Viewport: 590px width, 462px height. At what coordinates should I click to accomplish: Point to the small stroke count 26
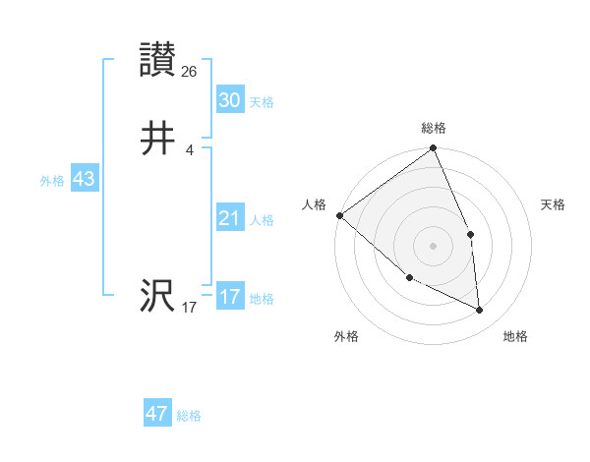tap(190, 72)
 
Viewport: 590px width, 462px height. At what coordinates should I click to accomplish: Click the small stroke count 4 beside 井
tap(189, 149)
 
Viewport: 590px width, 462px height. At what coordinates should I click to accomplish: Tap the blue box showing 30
tap(229, 100)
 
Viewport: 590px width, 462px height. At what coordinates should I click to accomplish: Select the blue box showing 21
tap(229, 219)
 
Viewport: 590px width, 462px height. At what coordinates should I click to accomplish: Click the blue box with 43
tap(84, 180)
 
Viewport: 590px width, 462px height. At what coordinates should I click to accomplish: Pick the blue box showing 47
tap(157, 414)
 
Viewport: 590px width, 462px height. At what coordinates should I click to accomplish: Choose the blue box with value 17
tap(229, 297)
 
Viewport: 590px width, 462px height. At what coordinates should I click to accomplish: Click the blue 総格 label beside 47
tap(190, 416)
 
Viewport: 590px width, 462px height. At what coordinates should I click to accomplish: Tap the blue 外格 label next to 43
tap(52, 181)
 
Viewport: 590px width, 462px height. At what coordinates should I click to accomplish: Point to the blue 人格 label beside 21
tap(263, 220)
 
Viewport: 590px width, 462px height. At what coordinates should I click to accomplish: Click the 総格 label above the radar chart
tap(433, 128)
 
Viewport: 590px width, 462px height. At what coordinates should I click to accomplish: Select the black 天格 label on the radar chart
tap(554, 204)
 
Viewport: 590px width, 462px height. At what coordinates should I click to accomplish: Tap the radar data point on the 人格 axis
tap(339, 215)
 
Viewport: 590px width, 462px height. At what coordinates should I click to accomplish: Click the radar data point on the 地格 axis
tap(480, 311)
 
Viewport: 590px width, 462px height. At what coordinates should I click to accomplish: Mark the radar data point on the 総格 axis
tap(433, 149)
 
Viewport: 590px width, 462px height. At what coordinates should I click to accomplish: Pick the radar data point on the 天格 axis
tap(471, 234)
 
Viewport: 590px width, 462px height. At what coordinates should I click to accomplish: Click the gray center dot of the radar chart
tap(433, 246)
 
